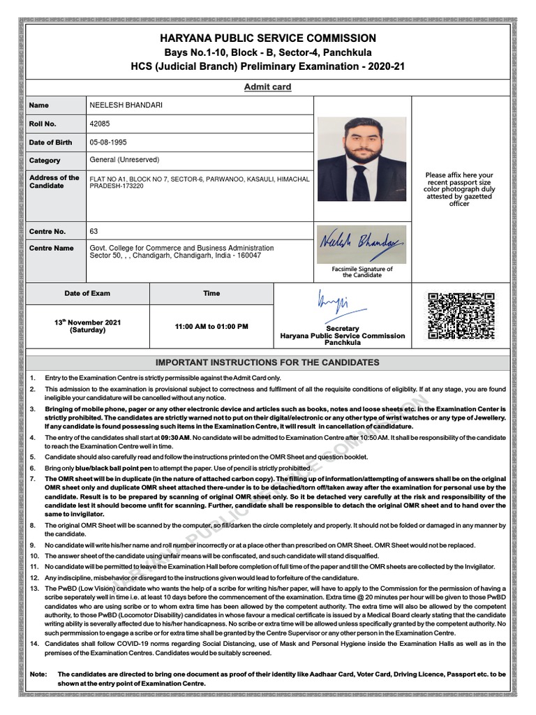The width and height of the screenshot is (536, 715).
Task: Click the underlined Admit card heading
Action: pyautogui.click(x=267, y=87)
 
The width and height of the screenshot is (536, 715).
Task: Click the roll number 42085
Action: pyautogui.click(x=100, y=124)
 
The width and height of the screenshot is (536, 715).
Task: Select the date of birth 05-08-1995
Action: pyautogui.click(x=109, y=142)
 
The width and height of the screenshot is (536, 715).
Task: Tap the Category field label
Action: pyautogui.click(x=45, y=161)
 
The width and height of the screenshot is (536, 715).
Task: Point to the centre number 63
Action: pyautogui.click(x=94, y=231)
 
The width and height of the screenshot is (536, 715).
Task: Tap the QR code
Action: pyautogui.click(x=452, y=316)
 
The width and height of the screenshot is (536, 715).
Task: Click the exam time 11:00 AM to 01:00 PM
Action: pyautogui.click(x=211, y=326)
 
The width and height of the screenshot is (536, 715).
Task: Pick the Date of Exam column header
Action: pyautogui.click(x=87, y=293)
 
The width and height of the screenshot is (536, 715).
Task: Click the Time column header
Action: pyautogui.click(x=211, y=293)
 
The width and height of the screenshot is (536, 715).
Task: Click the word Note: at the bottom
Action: pyautogui.click(x=38, y=674)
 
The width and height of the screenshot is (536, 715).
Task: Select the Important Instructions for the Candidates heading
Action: pyautogui.click(x=267, y=362)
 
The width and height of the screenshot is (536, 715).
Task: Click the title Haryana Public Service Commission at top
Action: pyautogui.click(x=267, y=38)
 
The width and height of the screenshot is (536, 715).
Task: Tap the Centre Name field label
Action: pyautogui.click(x=51, y=248)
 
